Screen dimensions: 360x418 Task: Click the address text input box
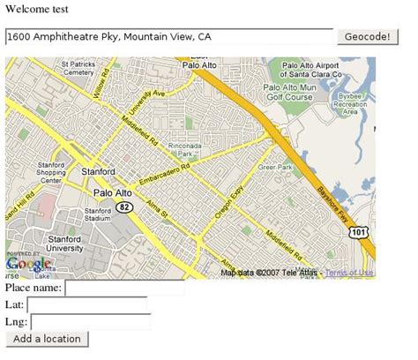168,36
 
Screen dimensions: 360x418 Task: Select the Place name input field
124,288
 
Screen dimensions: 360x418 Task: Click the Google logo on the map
28,265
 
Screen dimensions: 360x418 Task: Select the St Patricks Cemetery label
78,68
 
